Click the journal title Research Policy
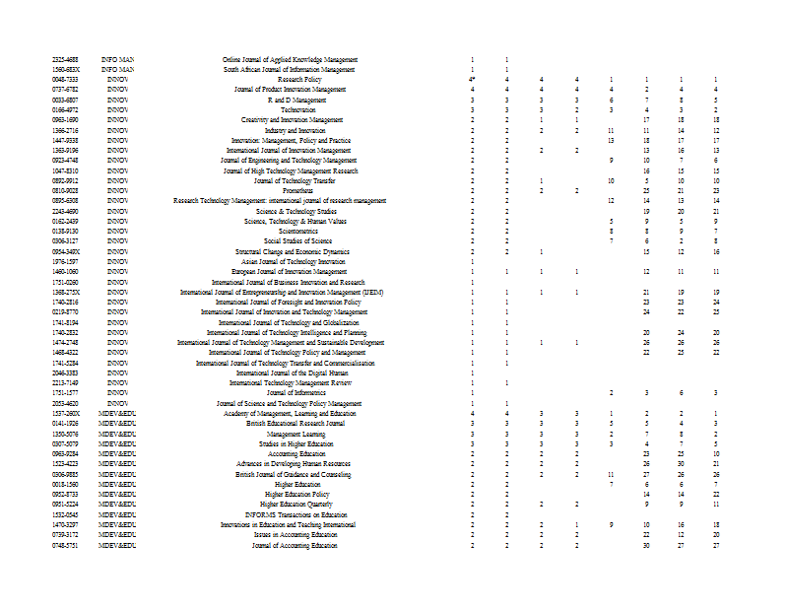point(299,80)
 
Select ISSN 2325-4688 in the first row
point(65,60)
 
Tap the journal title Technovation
point(297,109)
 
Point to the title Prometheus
point(297,190)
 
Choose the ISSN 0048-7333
point(65,80)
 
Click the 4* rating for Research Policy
point(472,80)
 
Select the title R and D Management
point(297,100)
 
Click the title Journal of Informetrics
point(289,393)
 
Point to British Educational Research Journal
point(295,424)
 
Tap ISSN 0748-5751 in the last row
point(65,545)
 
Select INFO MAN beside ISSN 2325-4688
point(117,60)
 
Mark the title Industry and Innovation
point(295,130)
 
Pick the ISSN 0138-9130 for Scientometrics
point(65,232)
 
